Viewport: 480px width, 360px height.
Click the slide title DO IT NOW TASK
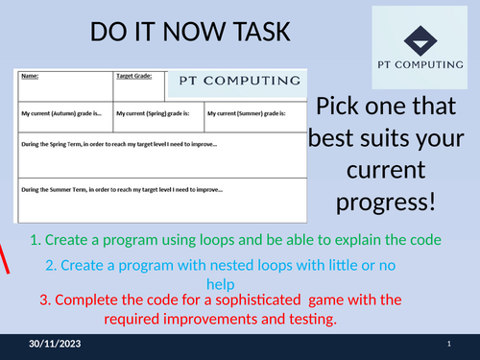tap(188, 33)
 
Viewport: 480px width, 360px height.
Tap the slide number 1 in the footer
tap(449, 344)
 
